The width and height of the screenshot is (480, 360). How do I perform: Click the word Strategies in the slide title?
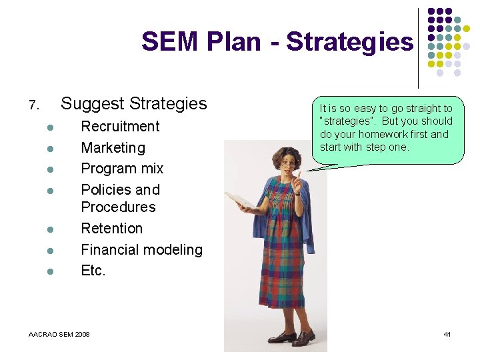click(349, 42)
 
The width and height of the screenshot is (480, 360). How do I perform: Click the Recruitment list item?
click(120, 127)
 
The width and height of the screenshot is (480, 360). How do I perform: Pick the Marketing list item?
click(113, 147)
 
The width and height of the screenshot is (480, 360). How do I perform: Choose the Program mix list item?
click(122, 169)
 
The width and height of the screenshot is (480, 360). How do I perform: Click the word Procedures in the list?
click(118, 207)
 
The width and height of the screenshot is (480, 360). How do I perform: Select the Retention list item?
click(111, 229)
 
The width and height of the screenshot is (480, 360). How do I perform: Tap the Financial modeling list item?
click(141, 250)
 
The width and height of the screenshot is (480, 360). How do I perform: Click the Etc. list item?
click(93, 271)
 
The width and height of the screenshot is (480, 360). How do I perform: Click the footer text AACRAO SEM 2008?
click(59, 334)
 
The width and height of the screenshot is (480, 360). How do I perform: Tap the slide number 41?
click(447, 334)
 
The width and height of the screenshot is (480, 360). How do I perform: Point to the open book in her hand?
click(241, 200)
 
